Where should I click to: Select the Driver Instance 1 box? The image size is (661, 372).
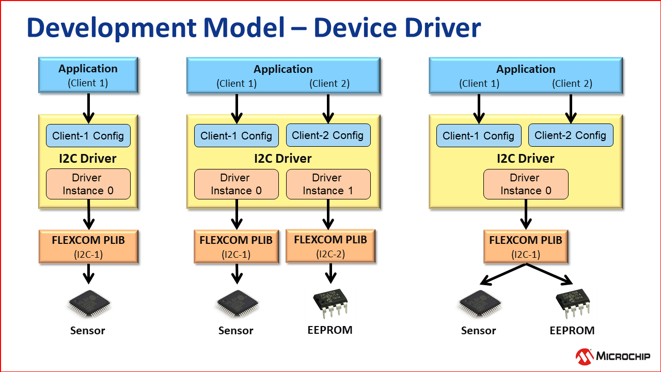[x=328, y=184]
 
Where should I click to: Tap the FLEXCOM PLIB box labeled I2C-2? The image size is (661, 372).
[x=330, y=246]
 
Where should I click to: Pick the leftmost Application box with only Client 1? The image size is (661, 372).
[x=88, y=75]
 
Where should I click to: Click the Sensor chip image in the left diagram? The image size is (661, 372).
[x=88, y=305]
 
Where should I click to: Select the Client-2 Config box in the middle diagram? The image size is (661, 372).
[x=328, y=135]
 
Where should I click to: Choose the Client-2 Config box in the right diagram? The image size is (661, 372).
[x=571, y=135]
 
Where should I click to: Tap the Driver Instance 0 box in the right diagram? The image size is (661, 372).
[x=526, y=184]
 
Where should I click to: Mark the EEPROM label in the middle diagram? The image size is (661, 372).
[x=330, y=330]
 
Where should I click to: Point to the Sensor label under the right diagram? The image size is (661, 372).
[x=478, y=331]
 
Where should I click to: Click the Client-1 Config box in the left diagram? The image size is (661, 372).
[x=88, y=136]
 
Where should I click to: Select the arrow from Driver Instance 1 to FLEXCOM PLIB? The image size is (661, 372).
[x=328, y=214]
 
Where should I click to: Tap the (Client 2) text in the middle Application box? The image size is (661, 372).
[x=329, y=83]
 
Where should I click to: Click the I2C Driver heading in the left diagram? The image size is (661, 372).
[x=88, y=158]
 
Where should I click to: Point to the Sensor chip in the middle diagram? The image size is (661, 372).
[x=237, y=305]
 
